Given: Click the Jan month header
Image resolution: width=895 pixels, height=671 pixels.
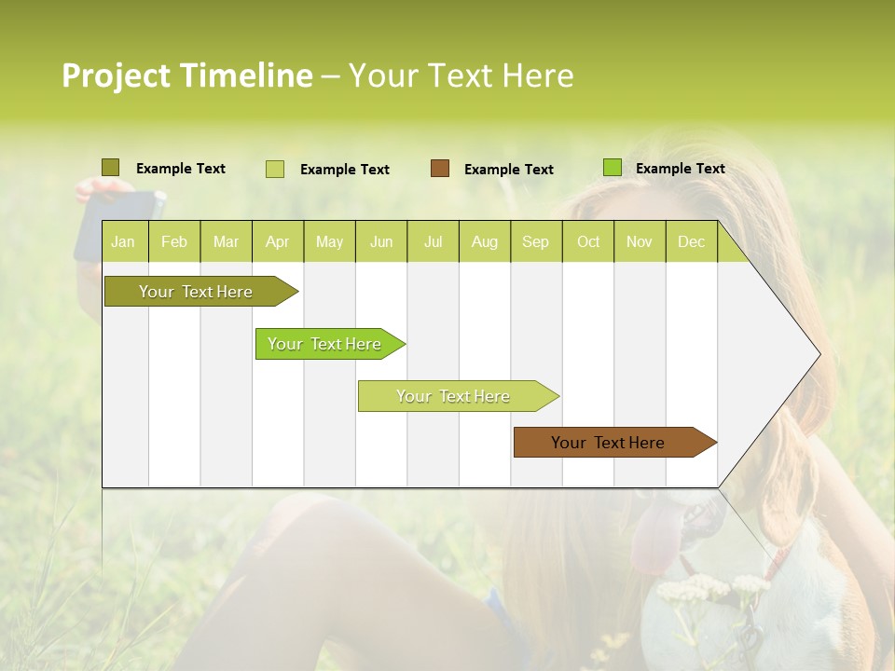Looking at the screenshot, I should (x=123, y=242).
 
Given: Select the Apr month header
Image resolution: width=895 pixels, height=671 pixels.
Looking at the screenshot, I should (x=277, y=242).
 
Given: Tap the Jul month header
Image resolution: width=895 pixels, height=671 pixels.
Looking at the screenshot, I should (x=433, y=242).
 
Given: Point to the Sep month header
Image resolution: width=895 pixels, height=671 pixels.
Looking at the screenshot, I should (x=535, y=242).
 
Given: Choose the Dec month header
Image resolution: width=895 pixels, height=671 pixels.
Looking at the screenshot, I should (x=691, y=242).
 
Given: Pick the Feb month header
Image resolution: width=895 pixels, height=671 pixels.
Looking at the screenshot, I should (x=174, y=242).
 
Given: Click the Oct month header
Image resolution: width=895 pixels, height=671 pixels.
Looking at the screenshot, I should (x=588, y=242).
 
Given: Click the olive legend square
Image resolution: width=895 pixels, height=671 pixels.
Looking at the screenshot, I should (x=110, y=168).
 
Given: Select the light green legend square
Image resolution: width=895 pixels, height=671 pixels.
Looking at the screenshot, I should (x=275, y=169).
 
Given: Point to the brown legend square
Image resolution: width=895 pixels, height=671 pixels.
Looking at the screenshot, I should (x=440, y=169).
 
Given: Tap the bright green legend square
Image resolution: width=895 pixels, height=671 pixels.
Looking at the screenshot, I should (x=613, y=168).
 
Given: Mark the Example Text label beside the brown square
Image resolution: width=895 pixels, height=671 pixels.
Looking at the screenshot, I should (x=508, y=170).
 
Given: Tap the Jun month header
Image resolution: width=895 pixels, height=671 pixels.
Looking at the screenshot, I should (x=381, y=242).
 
